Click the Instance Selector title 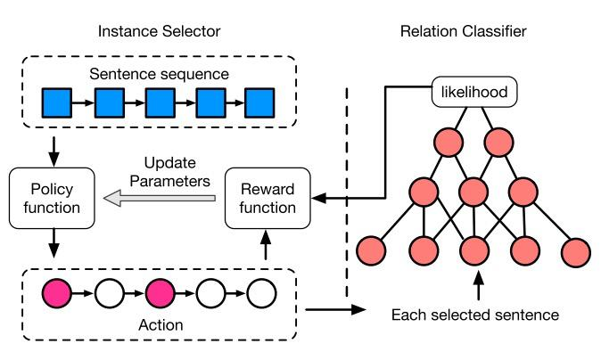pos(161,31)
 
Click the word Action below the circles pos(161,324)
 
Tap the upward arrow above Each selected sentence pos(479,285)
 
